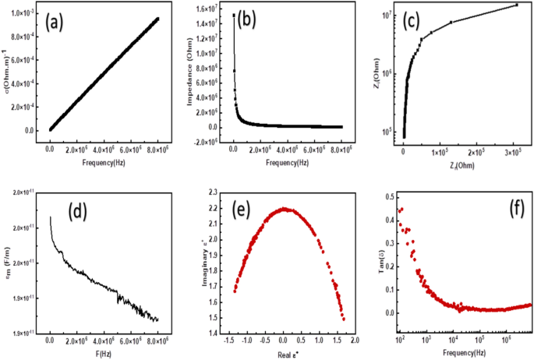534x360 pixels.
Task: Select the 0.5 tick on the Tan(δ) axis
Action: (x=387, y=197)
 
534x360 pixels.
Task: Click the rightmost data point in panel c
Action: (x=516, y=5)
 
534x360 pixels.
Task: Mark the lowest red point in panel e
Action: (x=343, y=319)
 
